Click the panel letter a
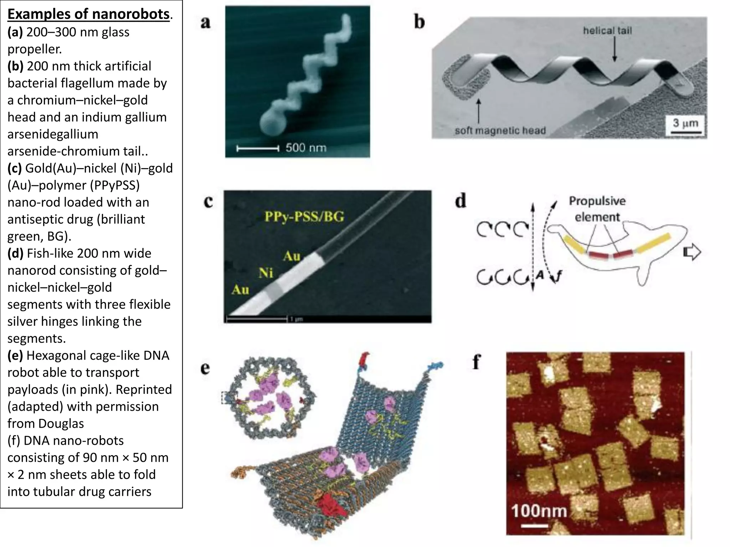[206, 22]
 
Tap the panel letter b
[420, 22]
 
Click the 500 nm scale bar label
[306, 147]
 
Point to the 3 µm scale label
[685, 123]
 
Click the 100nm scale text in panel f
[539, 511]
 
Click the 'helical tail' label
[607, 31]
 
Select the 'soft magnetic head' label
[500, 131]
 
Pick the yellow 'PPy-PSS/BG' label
[304, 217]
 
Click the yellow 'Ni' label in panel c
[266, 273]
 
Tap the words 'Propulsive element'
[597, 209]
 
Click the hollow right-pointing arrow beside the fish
[692, 252]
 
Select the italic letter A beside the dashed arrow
[540, 275]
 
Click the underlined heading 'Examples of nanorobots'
[88, 14]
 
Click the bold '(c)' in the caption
[15, 168]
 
